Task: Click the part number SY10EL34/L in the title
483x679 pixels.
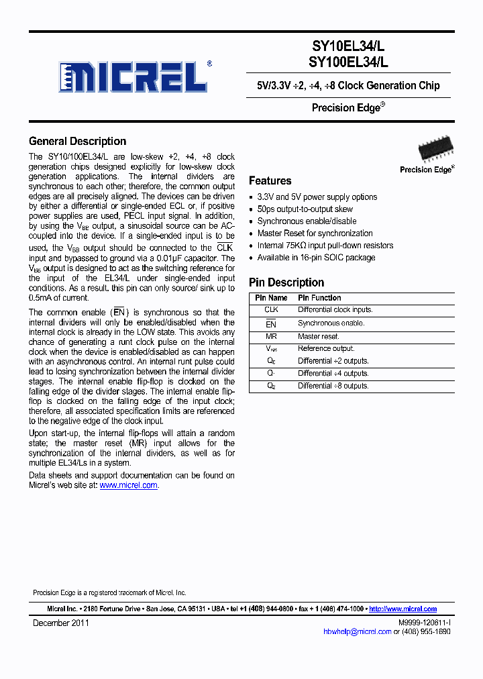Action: (x=348, y=46)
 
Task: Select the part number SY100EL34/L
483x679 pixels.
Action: (x=348, y=62)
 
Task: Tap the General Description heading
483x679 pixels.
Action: (x=77, y=142)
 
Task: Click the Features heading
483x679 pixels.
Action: (x=270, y=180)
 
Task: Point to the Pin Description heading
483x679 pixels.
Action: (x=286, y=282)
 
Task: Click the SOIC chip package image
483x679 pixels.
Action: (x=435, y=148)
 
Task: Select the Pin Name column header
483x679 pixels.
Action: (x=271, y=298)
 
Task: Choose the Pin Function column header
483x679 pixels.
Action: (x=319, y=298)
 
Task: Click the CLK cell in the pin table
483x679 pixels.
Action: (x=271, y=310)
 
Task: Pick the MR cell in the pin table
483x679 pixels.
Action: (x=271, y=336)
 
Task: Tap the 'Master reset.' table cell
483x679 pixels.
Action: (x=319, y=336)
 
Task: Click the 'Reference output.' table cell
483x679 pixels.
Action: (x=326, y=348)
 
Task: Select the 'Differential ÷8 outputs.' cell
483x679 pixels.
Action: (x=333, y=386)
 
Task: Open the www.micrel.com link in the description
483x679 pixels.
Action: (x=128, y=485)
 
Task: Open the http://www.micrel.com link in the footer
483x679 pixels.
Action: (x=402, y=609)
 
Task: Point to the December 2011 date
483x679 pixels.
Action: (x=61, y=623)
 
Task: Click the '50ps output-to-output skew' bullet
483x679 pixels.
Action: (x=305, y=209)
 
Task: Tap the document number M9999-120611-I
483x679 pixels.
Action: (x=424, y=623)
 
